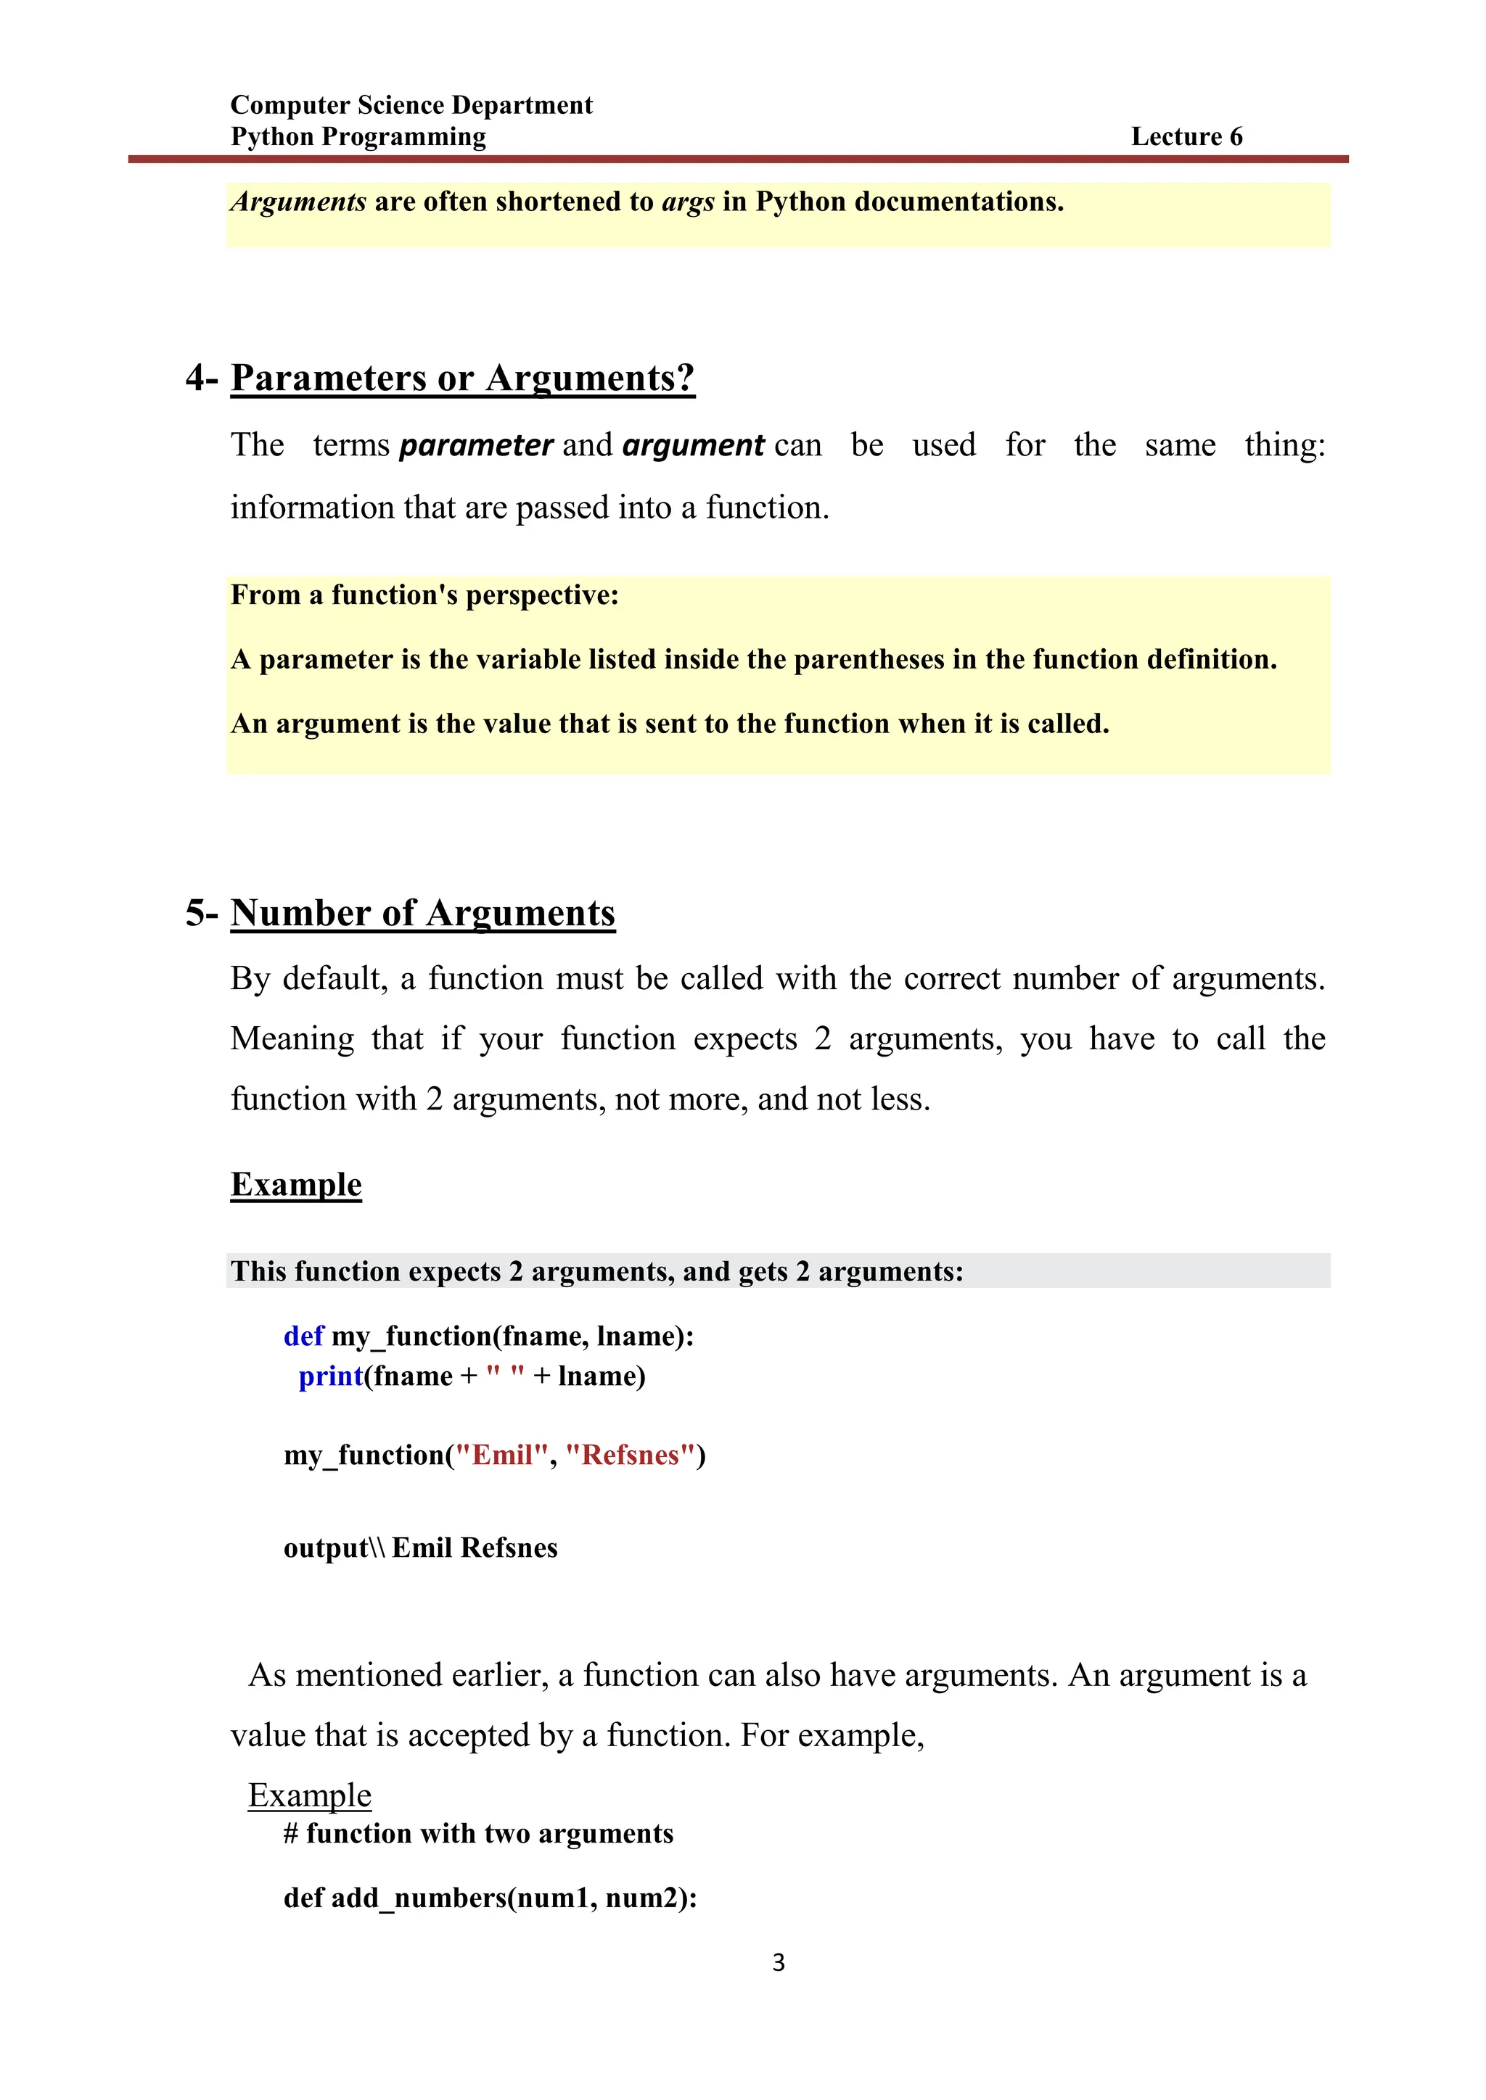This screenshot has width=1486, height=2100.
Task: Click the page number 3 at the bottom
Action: (x=778, y=1962)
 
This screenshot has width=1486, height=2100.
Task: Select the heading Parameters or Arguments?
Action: (x=462, y=378)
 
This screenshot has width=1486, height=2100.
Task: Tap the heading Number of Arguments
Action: (x=423, y=913)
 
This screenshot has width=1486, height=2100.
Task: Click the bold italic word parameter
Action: (x=476, y=445)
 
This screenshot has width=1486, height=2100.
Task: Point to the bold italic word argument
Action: (x=693, y=445)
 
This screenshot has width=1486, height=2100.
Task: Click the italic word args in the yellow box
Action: (x=688, y=202)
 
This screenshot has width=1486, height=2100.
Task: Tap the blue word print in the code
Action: (x=330, y=1376)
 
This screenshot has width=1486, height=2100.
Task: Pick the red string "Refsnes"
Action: (x=631, y=1455)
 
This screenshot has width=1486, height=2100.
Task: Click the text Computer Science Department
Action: (x=411, y=105)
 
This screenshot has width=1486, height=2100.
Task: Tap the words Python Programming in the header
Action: (x=358, y=137)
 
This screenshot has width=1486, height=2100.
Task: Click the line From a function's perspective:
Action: (x=424, y=595)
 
